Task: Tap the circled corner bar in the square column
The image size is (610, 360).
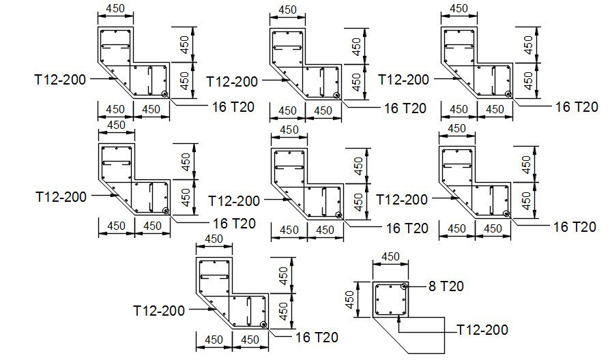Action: [x=405, y=286]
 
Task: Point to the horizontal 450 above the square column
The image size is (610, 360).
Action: [x=390, y=257]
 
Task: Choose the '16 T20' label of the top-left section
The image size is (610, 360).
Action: [x=233, y=106]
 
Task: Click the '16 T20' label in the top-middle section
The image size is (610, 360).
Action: [x=405, y=108]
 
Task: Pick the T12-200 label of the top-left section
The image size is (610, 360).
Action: [x=60, y=79]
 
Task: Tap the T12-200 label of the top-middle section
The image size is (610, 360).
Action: [x=232, y=81]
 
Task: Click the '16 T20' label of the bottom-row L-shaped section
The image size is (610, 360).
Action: [x=316, y=336]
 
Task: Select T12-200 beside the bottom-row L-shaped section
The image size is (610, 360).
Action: [x=159, y=310]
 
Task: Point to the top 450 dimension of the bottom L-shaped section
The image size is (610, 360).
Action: [x=214, y=239]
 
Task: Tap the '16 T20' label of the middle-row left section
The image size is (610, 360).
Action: [x=233, y=223]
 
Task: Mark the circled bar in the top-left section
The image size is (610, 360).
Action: [x=164, y=95]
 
